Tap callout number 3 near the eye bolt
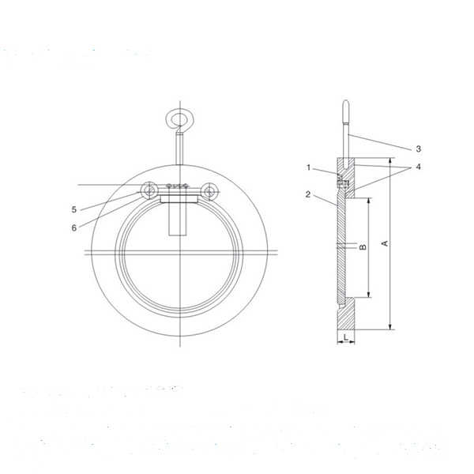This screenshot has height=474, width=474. [x=418, y=149]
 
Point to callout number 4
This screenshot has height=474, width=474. [x=418, y=168]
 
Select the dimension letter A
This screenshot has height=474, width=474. [x=385, y=244]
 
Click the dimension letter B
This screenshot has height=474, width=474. [x=363, y=247]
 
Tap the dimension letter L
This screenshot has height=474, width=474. [x=346, y=336]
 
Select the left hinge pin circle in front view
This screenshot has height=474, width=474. [x=149, y=190]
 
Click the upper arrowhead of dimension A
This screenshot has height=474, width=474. [x=390, y=164]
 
